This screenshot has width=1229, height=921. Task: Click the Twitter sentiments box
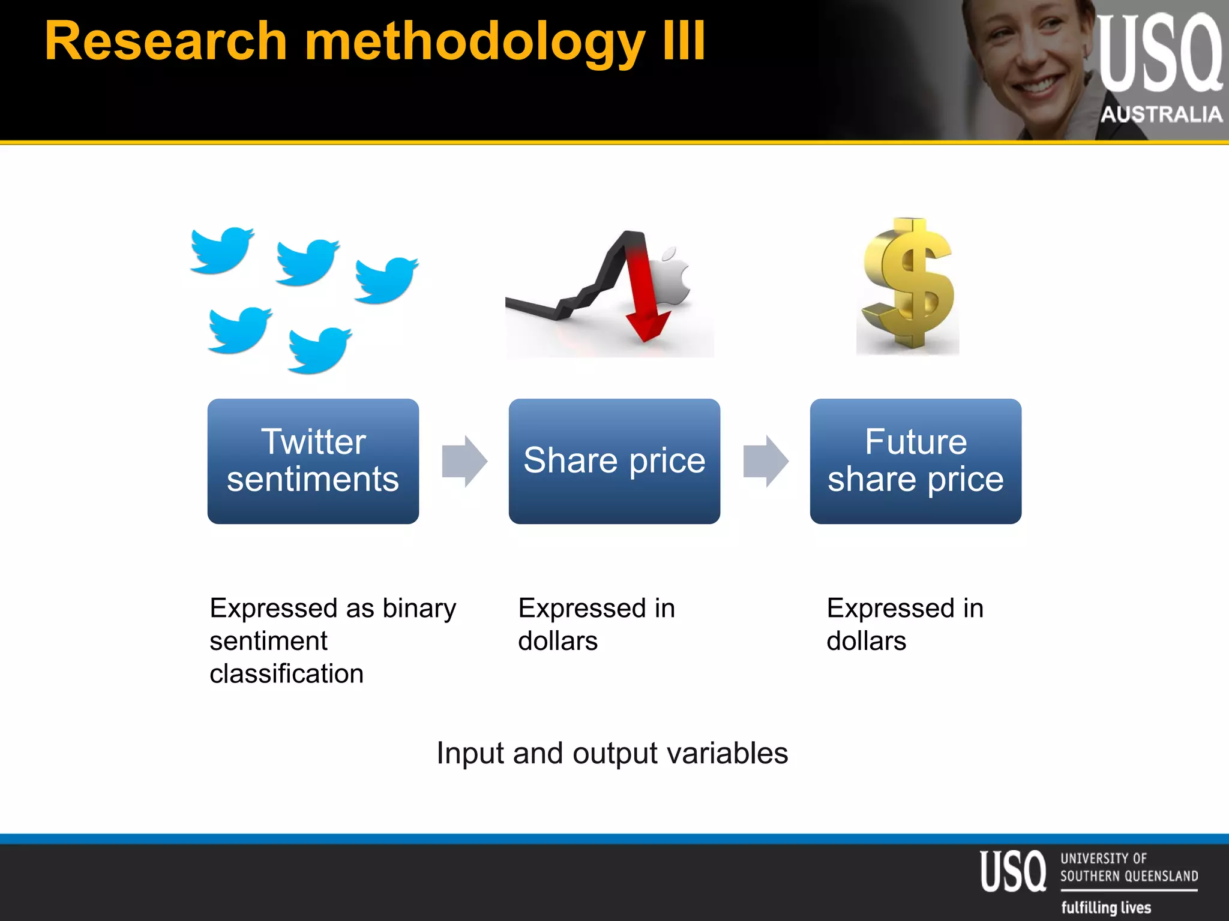click(x=313, y=460)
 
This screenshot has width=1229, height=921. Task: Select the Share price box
click(x=614, y=460)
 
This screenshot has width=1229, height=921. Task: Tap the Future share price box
click(x=915, y=460)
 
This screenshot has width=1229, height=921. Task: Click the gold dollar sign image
click(x=907, y=285)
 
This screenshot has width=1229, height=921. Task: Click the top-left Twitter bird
click(x=222, y=249)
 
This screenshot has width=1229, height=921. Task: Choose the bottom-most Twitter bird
click(x=319, y=350)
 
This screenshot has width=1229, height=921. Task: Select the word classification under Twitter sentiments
click(x=286, y=673)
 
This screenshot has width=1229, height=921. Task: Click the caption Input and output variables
click(x=612, y=753)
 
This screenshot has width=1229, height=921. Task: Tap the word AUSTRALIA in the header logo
click(x=1161, y=114)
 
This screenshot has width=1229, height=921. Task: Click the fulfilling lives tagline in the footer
click(x=1105, y=907)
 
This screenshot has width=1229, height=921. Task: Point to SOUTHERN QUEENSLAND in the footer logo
click(x=1129, y=876)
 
